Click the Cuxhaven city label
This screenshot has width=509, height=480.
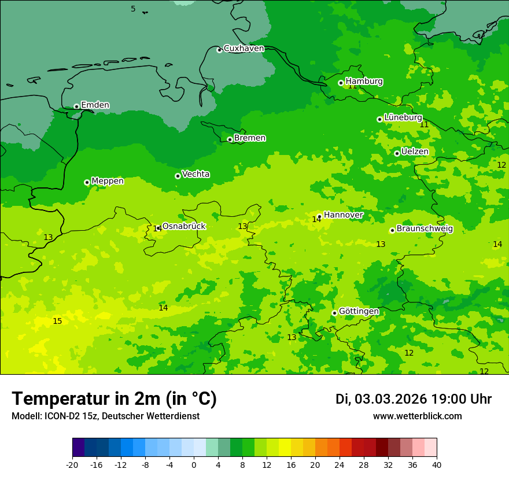point(244,49)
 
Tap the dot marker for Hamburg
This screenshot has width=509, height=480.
point(341,83)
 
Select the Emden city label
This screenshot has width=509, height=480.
point(95,105)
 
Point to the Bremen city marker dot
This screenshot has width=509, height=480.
point(230,139)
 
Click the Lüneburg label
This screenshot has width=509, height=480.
point(403,117)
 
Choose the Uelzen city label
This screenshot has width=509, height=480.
point(415,152)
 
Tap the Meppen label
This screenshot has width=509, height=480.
point(108,181)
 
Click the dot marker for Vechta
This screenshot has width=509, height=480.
point(178,176)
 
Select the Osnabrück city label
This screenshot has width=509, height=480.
point(184,226)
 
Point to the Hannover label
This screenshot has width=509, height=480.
point(343,215)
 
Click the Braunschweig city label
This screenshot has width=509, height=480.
point(425,229)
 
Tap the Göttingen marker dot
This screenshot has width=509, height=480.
point(334,313)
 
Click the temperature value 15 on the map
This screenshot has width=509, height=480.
point(57,321)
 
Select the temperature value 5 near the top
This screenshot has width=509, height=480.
point(133,9)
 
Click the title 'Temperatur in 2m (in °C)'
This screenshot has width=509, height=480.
point(114,399)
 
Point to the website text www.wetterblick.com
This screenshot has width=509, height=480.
point(417,416)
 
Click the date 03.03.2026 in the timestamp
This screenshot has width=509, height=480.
point(390,399)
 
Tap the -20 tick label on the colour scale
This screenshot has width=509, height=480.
point(72,464)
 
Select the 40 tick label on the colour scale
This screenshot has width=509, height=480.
point(437,464)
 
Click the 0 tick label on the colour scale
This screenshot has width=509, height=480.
point(194,464)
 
